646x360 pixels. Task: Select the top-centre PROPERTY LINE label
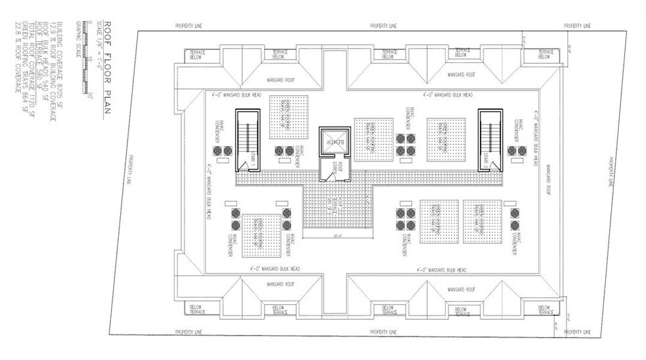click(x=383, y=26)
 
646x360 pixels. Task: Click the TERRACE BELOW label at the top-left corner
click(x=197, y=55)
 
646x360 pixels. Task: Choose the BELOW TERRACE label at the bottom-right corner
click(x=544, y=309)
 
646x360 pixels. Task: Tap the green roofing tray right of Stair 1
click(x=289, y=117)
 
